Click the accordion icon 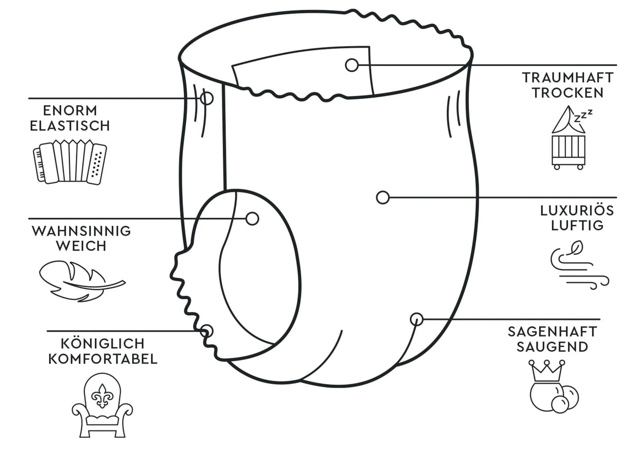70,162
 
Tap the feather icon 82,281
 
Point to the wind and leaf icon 580,265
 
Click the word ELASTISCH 70,126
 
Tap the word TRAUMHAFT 568,78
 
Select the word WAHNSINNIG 81,231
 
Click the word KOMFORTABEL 103,359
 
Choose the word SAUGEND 552,347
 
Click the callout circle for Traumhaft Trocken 352,65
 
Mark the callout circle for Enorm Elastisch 206,98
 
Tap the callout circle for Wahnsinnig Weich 252,219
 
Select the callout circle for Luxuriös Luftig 383,197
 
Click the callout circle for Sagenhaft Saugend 417,319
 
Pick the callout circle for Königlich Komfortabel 206,331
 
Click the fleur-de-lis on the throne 102,396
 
